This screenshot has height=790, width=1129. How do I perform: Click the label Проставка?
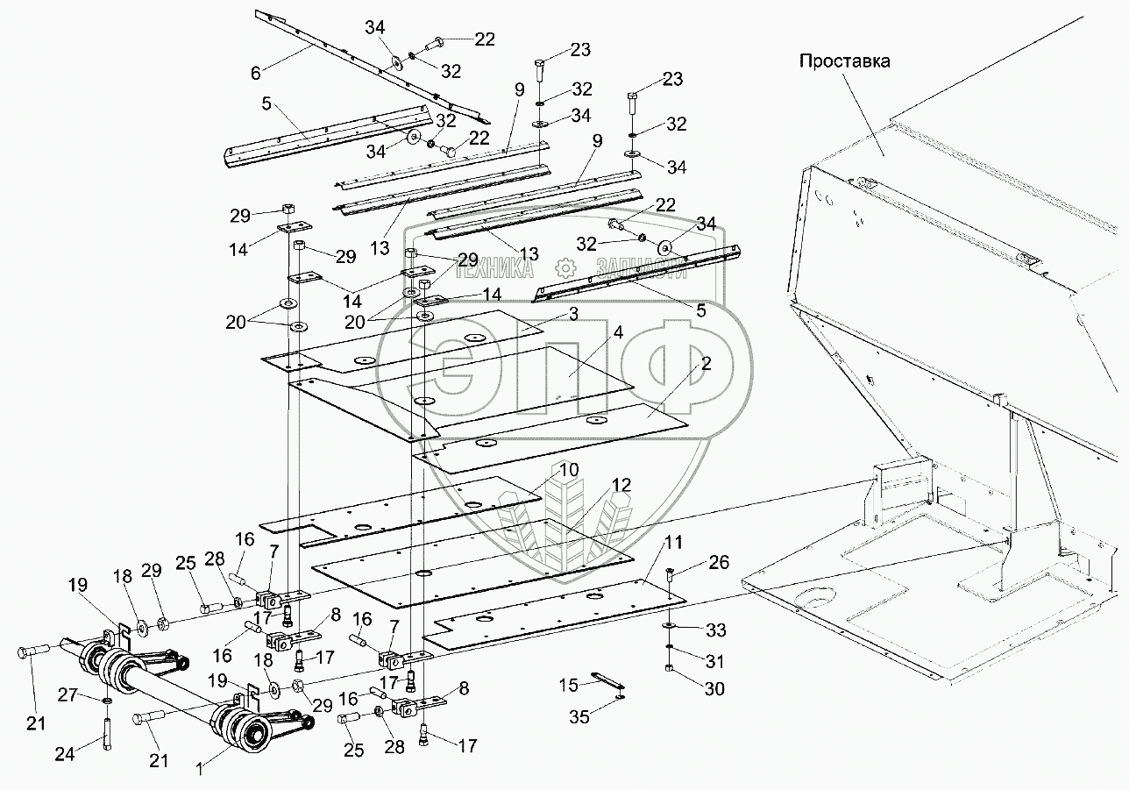point(844,61)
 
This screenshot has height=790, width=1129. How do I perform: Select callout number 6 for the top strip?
point(255,73)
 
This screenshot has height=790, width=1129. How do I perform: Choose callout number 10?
point(570,470)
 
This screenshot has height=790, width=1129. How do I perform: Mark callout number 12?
point(621,484)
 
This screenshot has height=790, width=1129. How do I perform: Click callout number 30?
point(714,690)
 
